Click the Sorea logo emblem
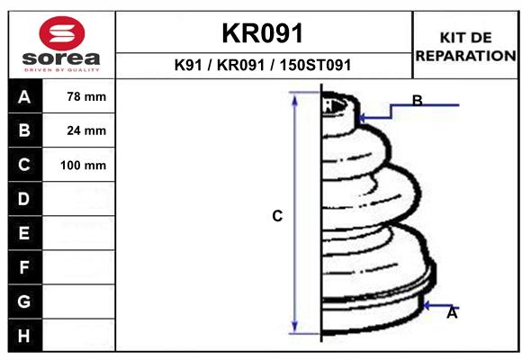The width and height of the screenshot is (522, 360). point(61,34)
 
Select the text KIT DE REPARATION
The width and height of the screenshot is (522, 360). point(464,47)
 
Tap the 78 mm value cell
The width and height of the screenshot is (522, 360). point(86,96)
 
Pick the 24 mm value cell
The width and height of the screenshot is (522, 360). point(86,130)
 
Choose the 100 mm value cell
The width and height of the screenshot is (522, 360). point(83,165)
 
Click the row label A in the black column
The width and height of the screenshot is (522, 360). point(24,96)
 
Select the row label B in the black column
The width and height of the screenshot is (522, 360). point(24,130)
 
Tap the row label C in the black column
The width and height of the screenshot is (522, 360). point(24,165)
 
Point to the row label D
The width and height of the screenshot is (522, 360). point(24,199)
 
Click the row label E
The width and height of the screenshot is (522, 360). point(24,233)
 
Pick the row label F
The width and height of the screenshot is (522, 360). point(24,267)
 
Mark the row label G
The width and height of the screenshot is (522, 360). point(24,301)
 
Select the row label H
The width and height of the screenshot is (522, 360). point(24,336)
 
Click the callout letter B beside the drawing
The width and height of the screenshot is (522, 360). point(417,101)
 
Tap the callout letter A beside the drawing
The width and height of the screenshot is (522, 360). point(452,313)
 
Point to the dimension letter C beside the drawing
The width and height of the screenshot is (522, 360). point(277,216)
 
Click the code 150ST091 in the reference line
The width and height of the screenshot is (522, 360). point(315,66)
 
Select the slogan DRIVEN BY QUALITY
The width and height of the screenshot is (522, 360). point(61,69)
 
